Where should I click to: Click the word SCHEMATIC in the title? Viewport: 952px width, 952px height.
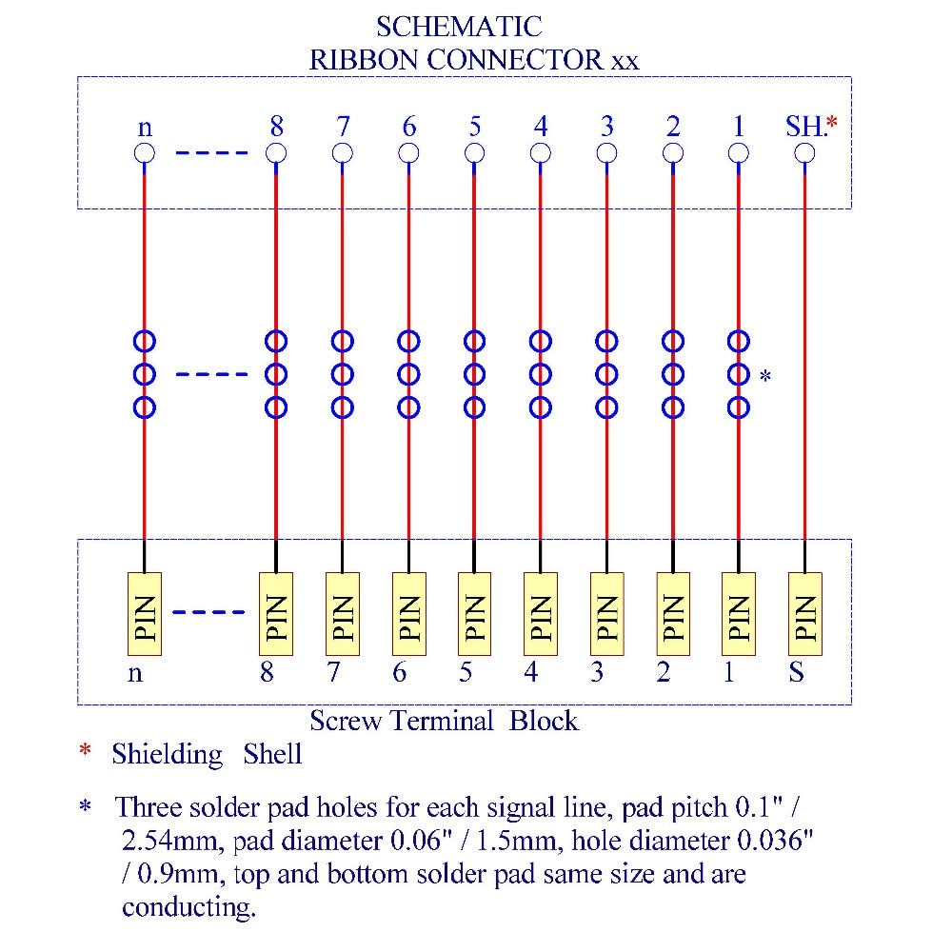click(x=459, y=25)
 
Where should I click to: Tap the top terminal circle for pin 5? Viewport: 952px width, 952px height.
click(x=474, y=153)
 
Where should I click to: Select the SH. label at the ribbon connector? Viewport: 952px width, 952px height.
click(x=803, y=126)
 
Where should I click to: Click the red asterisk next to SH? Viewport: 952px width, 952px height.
click(x=832, y=124)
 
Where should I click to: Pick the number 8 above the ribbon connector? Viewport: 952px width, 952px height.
click(x=276, y=126)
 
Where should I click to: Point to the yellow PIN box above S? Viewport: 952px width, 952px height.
click(x=804, y=613)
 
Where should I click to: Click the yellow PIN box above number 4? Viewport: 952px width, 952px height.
click(x=541, y=613)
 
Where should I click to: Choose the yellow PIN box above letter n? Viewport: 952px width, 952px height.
click(x=145, y=613)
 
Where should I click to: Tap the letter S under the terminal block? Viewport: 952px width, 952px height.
click(x=796, y=672)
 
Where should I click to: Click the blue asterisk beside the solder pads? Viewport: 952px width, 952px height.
click(x=764, y=378)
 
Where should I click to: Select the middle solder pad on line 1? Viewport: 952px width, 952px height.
click(x=738, y=374)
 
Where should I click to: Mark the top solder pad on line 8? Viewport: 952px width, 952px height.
click(x=276, y=340)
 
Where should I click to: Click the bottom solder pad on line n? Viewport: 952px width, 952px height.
click(x=145, y=407)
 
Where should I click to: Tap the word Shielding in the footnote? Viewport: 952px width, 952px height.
click(x=167, y=755)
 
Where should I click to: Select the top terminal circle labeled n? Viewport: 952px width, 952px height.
click(x=145, y=153)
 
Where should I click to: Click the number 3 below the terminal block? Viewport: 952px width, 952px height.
click(x=597, y=672)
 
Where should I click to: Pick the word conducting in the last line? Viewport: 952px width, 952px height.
click(x=188, y=906)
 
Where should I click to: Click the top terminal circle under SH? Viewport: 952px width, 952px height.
click(x=804, y=153)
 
